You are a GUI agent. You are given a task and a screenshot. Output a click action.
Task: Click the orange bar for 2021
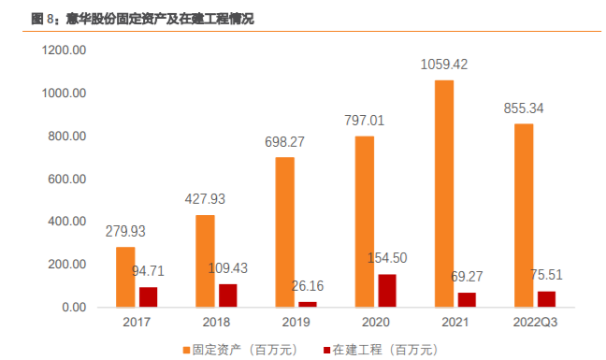point(445,194)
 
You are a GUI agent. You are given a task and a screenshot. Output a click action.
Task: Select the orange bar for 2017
point(125,277)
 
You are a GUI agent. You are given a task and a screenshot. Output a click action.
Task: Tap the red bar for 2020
point(387,290)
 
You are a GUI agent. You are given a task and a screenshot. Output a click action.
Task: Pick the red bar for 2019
point(308,304)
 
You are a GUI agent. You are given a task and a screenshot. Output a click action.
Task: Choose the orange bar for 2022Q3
point(525,215)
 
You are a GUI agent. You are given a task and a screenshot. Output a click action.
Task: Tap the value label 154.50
point(393,257)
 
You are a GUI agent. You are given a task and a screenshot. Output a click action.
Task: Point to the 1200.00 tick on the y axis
point(65,50)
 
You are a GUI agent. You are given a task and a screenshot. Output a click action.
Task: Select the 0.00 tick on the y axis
point(73,307)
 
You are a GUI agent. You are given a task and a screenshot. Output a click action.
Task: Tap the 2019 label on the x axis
point(296,324)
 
